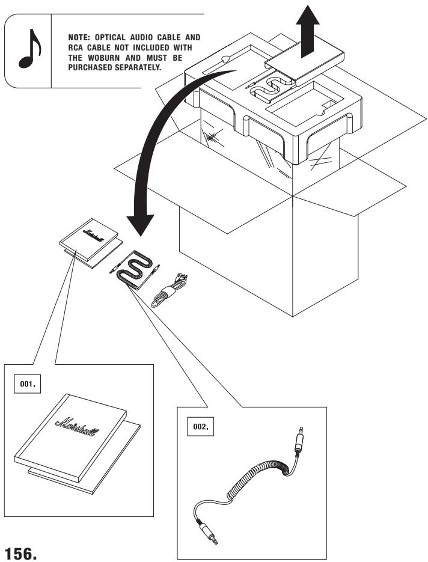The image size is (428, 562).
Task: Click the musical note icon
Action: pos(29,49)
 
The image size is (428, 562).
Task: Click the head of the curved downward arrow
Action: pos(140,225)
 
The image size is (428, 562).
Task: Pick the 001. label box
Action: pos(27,384)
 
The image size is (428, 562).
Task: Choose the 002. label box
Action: pos(200,427)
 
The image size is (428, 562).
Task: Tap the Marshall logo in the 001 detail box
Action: pos(78,427)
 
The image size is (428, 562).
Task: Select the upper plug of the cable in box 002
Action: pos(299,439)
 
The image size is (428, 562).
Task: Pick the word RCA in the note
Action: pos(76,47)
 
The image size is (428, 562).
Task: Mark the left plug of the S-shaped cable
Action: pos(115,269)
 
